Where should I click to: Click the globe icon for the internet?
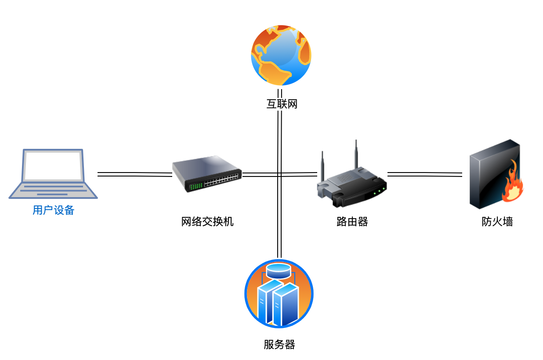[x=281, y=55]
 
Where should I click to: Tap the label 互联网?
[x=282, y=104]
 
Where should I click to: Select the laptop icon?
[x=53, y=174]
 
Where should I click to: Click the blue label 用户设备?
[x=53, y=210]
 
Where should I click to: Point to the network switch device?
[x=207, y=174]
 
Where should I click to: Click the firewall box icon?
[x=494, y=174]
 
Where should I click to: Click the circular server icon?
[x=279, y=294]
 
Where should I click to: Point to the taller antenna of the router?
[x=356, y=154]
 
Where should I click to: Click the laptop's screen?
[x=53, y=166]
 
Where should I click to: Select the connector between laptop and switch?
[x=134, y=174]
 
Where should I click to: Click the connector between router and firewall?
[x=424, y=174]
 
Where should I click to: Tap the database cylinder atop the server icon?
[x=279, y=270]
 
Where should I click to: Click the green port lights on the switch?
[x=196, y=186]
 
